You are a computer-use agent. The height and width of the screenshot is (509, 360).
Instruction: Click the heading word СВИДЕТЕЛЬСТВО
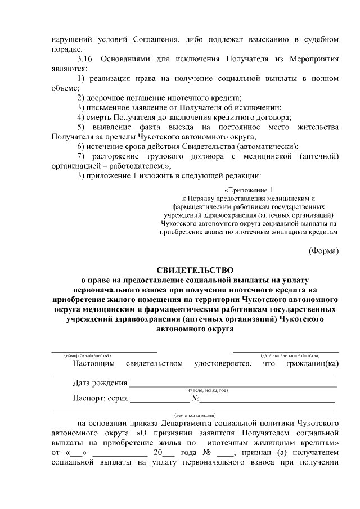pos(194,269)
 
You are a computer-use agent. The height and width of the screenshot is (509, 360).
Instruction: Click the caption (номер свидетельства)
pos(87,355)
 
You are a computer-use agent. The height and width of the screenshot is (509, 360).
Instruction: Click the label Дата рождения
pos(100,384)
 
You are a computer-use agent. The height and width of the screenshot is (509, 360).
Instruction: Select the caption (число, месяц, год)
pos(208,390)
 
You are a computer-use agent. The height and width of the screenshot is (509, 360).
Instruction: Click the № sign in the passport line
pos(196,399)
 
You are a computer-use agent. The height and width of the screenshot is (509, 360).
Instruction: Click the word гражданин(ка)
pos(313,363)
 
